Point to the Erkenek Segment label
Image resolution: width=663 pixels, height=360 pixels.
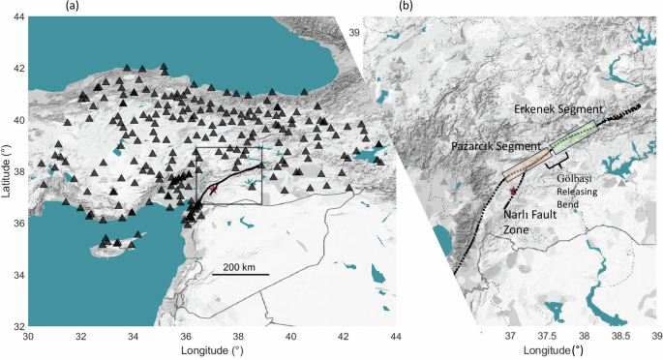[559, 108]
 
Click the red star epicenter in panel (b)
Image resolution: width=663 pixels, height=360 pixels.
[513, 194]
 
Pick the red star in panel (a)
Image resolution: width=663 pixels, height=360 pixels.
[213, 191]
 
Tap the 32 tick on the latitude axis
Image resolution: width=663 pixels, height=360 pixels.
[18, 327]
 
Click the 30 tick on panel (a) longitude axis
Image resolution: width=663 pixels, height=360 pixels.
[30, 338]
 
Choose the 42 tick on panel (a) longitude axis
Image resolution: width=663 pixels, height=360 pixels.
[344, 338]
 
